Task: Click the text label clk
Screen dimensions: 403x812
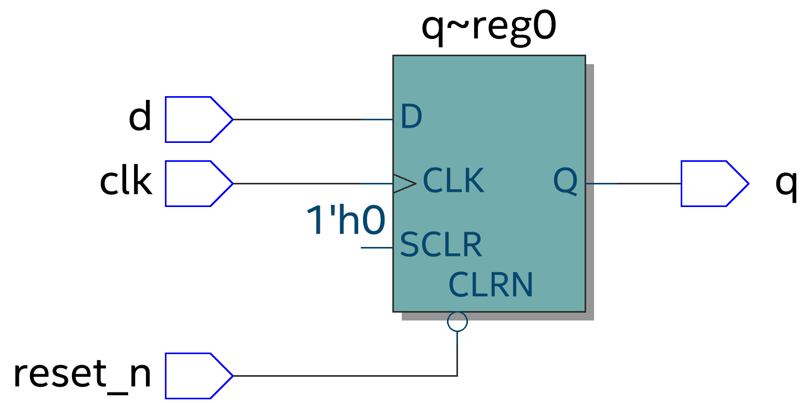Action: coord(126,182)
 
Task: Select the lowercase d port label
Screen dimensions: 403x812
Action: coord(140,118)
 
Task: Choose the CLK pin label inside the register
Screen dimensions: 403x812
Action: coord(453,181)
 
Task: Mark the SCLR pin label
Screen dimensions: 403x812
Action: coord(441,244)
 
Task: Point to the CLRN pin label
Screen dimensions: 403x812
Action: coord(491,285)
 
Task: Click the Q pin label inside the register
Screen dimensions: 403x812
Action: coord(566,182)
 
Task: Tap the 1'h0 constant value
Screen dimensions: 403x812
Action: coord(346,221)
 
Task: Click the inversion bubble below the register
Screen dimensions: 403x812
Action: coord(457,322)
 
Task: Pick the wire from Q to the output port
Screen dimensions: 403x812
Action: coord(633,183)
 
